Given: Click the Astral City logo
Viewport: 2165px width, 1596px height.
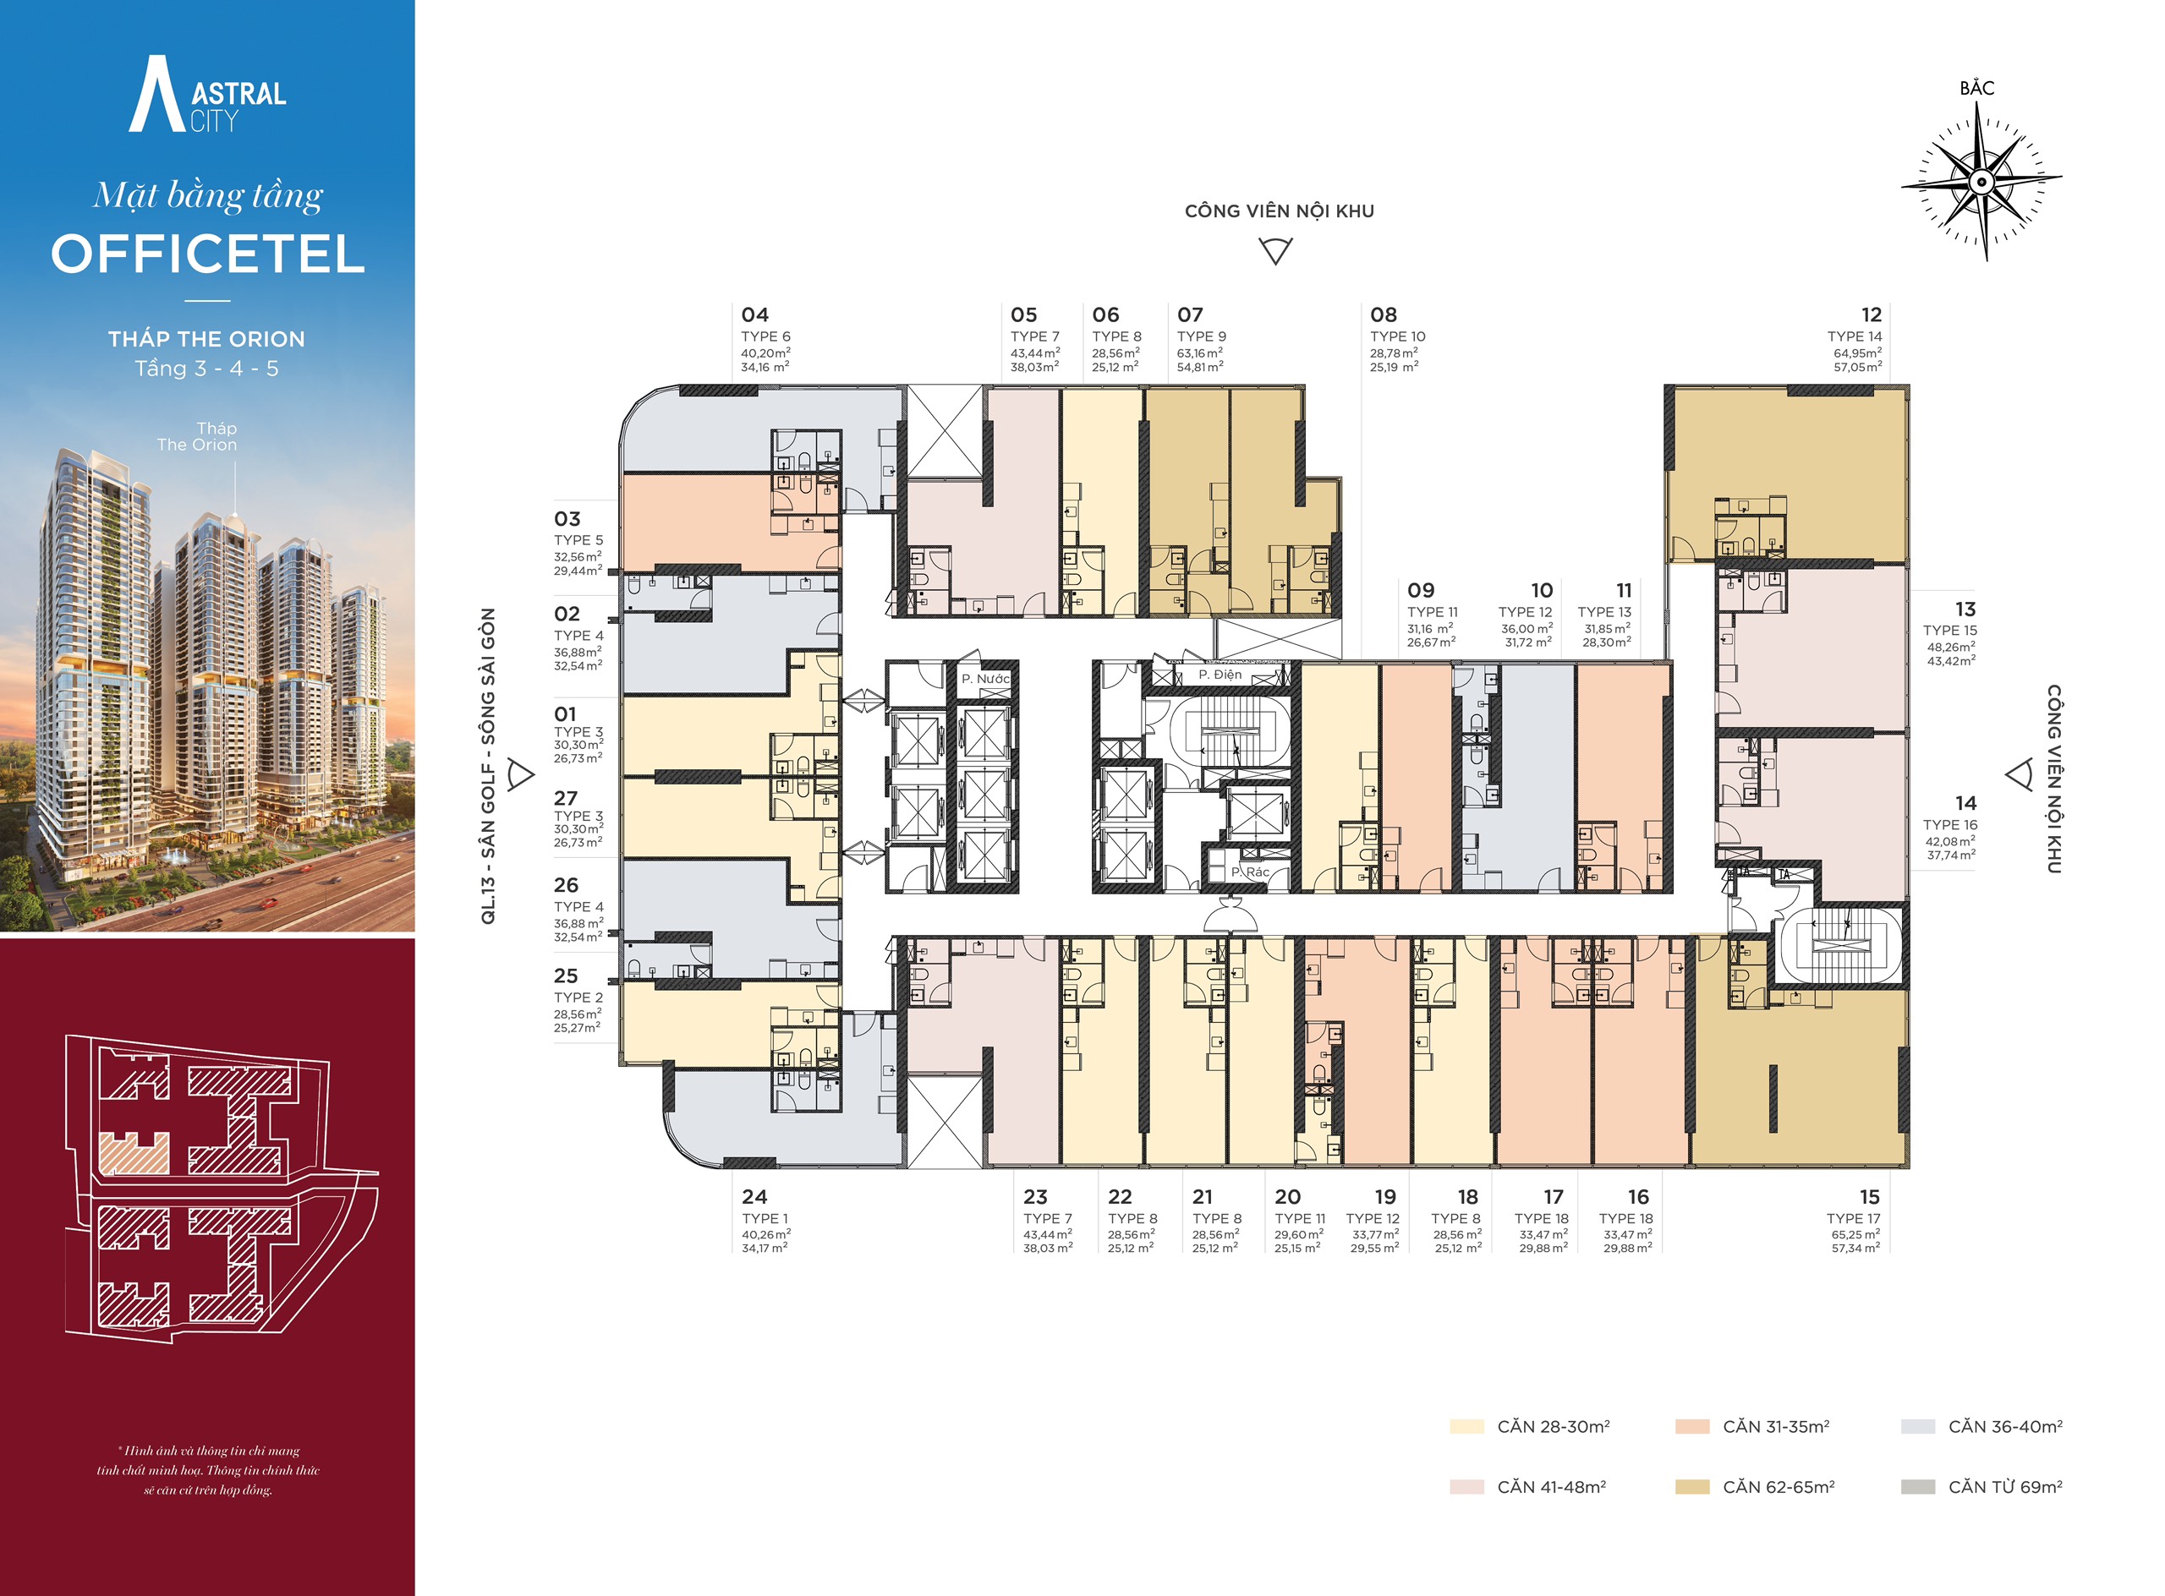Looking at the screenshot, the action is [x=208, y=94].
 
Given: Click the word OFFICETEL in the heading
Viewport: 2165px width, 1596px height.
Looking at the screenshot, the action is [x=208, y=254].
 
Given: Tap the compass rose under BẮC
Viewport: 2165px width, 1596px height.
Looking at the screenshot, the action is [x=1981, y=182].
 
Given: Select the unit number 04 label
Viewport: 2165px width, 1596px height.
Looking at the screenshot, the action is [x=755, y=315].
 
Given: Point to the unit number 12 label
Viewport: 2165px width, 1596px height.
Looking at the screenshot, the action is [x=1872, y=315].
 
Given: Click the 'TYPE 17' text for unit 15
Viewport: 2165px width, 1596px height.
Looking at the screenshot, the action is [x=1854, y=1218].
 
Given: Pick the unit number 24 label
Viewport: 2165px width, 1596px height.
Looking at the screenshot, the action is [x=755, y=1197].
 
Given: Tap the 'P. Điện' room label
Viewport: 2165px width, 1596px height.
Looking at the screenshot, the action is [x=1220, y=675].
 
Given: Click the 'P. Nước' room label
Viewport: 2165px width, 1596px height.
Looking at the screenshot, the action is [x=985, y=679].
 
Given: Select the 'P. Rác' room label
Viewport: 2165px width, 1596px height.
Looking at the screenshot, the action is [x=1250, y=872].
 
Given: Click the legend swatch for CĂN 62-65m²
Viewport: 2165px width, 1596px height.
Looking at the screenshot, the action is [x=1692, y=1487].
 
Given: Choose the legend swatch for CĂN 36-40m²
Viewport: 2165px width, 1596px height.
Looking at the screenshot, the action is [x=1917, y=1426].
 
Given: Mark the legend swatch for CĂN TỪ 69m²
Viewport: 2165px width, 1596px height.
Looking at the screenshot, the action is [x=1917, y=1487].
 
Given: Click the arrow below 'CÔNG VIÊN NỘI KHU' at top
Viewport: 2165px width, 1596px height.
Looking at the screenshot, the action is [x=1276, y=251].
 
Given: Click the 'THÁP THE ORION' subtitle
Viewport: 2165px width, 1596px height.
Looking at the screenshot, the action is [x=207, y=339].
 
